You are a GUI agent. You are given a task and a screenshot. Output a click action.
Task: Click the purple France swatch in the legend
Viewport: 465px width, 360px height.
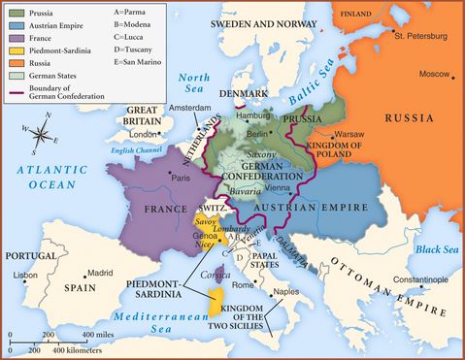pyautogui.click(x=15, y=38)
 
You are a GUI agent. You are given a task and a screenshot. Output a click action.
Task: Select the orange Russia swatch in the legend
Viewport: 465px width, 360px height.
pyautogui.click(x=15, y=63)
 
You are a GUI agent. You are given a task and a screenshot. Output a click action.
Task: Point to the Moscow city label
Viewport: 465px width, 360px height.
pyautogui.click(x=433, y=74)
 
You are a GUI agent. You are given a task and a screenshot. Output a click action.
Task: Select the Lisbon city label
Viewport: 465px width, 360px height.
pyautogui.click(x=26, y=275)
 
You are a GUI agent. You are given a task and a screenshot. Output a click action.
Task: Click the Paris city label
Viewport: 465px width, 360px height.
pyautogui.click(x=208, y=178)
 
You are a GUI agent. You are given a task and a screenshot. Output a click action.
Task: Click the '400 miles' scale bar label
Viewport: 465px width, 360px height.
pyautogui.click(x=102, y=335)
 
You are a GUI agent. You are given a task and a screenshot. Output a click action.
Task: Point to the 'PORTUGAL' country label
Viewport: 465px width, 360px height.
pyautogui.click(x=31, y=256)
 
